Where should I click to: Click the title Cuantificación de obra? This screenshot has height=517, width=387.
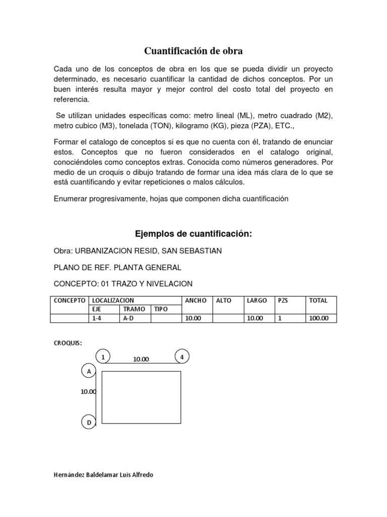(193, 50)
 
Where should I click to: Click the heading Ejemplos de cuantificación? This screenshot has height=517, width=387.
(193, 234)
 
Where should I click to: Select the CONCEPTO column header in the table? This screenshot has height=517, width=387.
(70, 300)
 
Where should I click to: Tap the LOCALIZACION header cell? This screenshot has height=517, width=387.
(113, 300)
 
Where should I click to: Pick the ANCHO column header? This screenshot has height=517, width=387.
(196, 300)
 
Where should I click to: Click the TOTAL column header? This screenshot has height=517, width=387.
(318, 300)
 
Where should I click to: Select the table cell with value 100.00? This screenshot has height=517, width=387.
(318, 318)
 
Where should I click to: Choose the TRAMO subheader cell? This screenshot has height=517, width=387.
(134, 309)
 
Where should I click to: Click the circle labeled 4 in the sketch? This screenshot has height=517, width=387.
(181, 356)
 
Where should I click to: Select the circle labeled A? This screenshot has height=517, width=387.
(89, 372)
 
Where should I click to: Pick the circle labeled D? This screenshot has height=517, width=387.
(89, 423)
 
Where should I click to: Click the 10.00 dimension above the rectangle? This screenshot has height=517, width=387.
(141, 359)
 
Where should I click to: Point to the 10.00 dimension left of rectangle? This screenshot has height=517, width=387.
(88, 391)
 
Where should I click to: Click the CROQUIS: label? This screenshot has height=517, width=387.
(68, 343)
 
